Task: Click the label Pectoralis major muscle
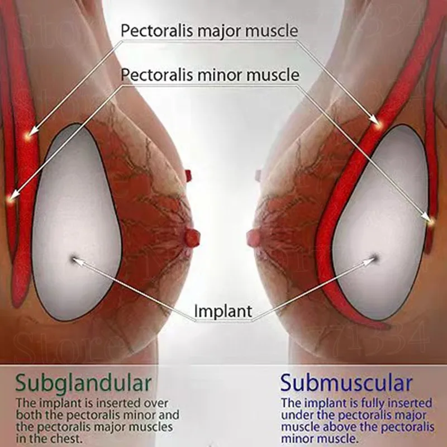pos(210,30)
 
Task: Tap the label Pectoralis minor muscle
pos(210,74)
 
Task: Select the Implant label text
pos(223,311)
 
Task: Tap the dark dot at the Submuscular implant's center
pos(375,257)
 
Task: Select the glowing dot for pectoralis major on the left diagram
pos(27,134)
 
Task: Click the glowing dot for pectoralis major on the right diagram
pos(378,124)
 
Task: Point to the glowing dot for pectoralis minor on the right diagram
pos(430,222)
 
